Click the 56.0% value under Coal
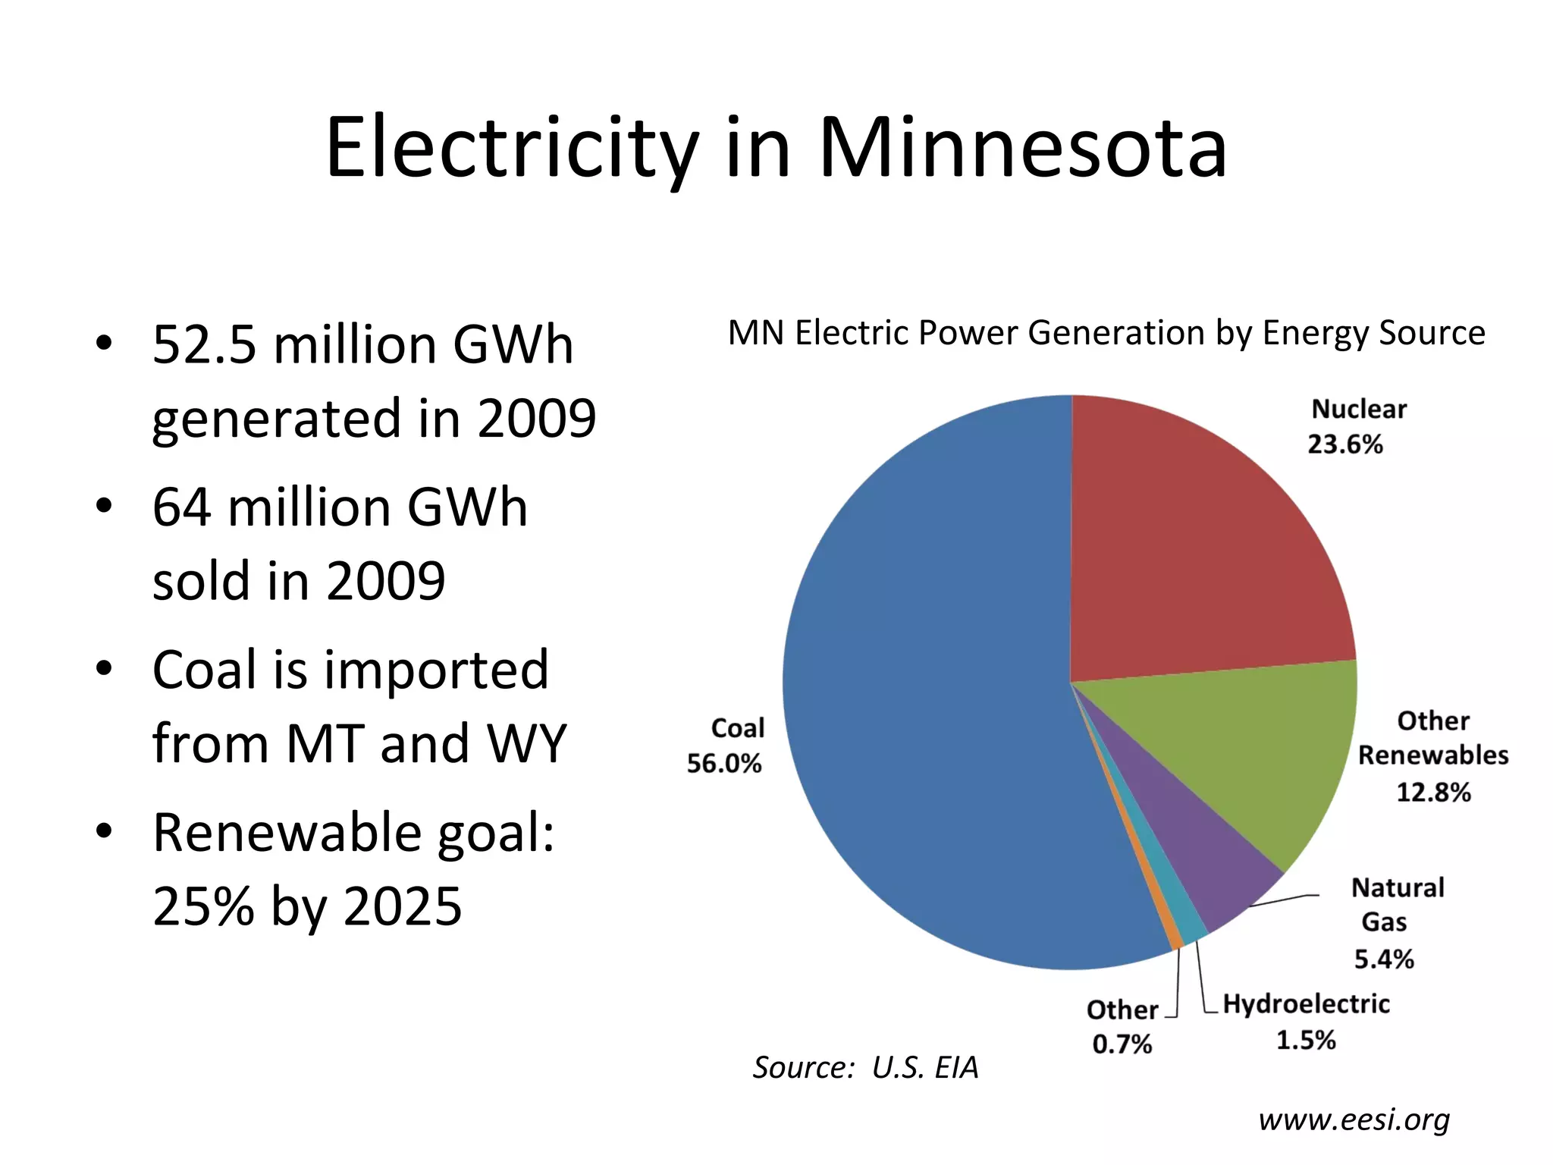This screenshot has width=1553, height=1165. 724,763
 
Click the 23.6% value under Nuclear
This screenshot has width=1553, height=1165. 1345,444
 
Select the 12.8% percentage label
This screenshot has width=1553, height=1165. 1433,792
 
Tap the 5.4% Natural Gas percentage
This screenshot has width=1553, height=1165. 1384,959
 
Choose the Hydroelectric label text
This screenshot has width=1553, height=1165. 1306,1003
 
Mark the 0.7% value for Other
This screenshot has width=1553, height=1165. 1122,1044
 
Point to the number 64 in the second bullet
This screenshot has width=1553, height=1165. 181,507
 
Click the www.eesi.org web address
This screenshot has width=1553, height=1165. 1354,1119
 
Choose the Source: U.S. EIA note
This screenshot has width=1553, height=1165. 865,1067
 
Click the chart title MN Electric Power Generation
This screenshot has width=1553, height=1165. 1106,333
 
